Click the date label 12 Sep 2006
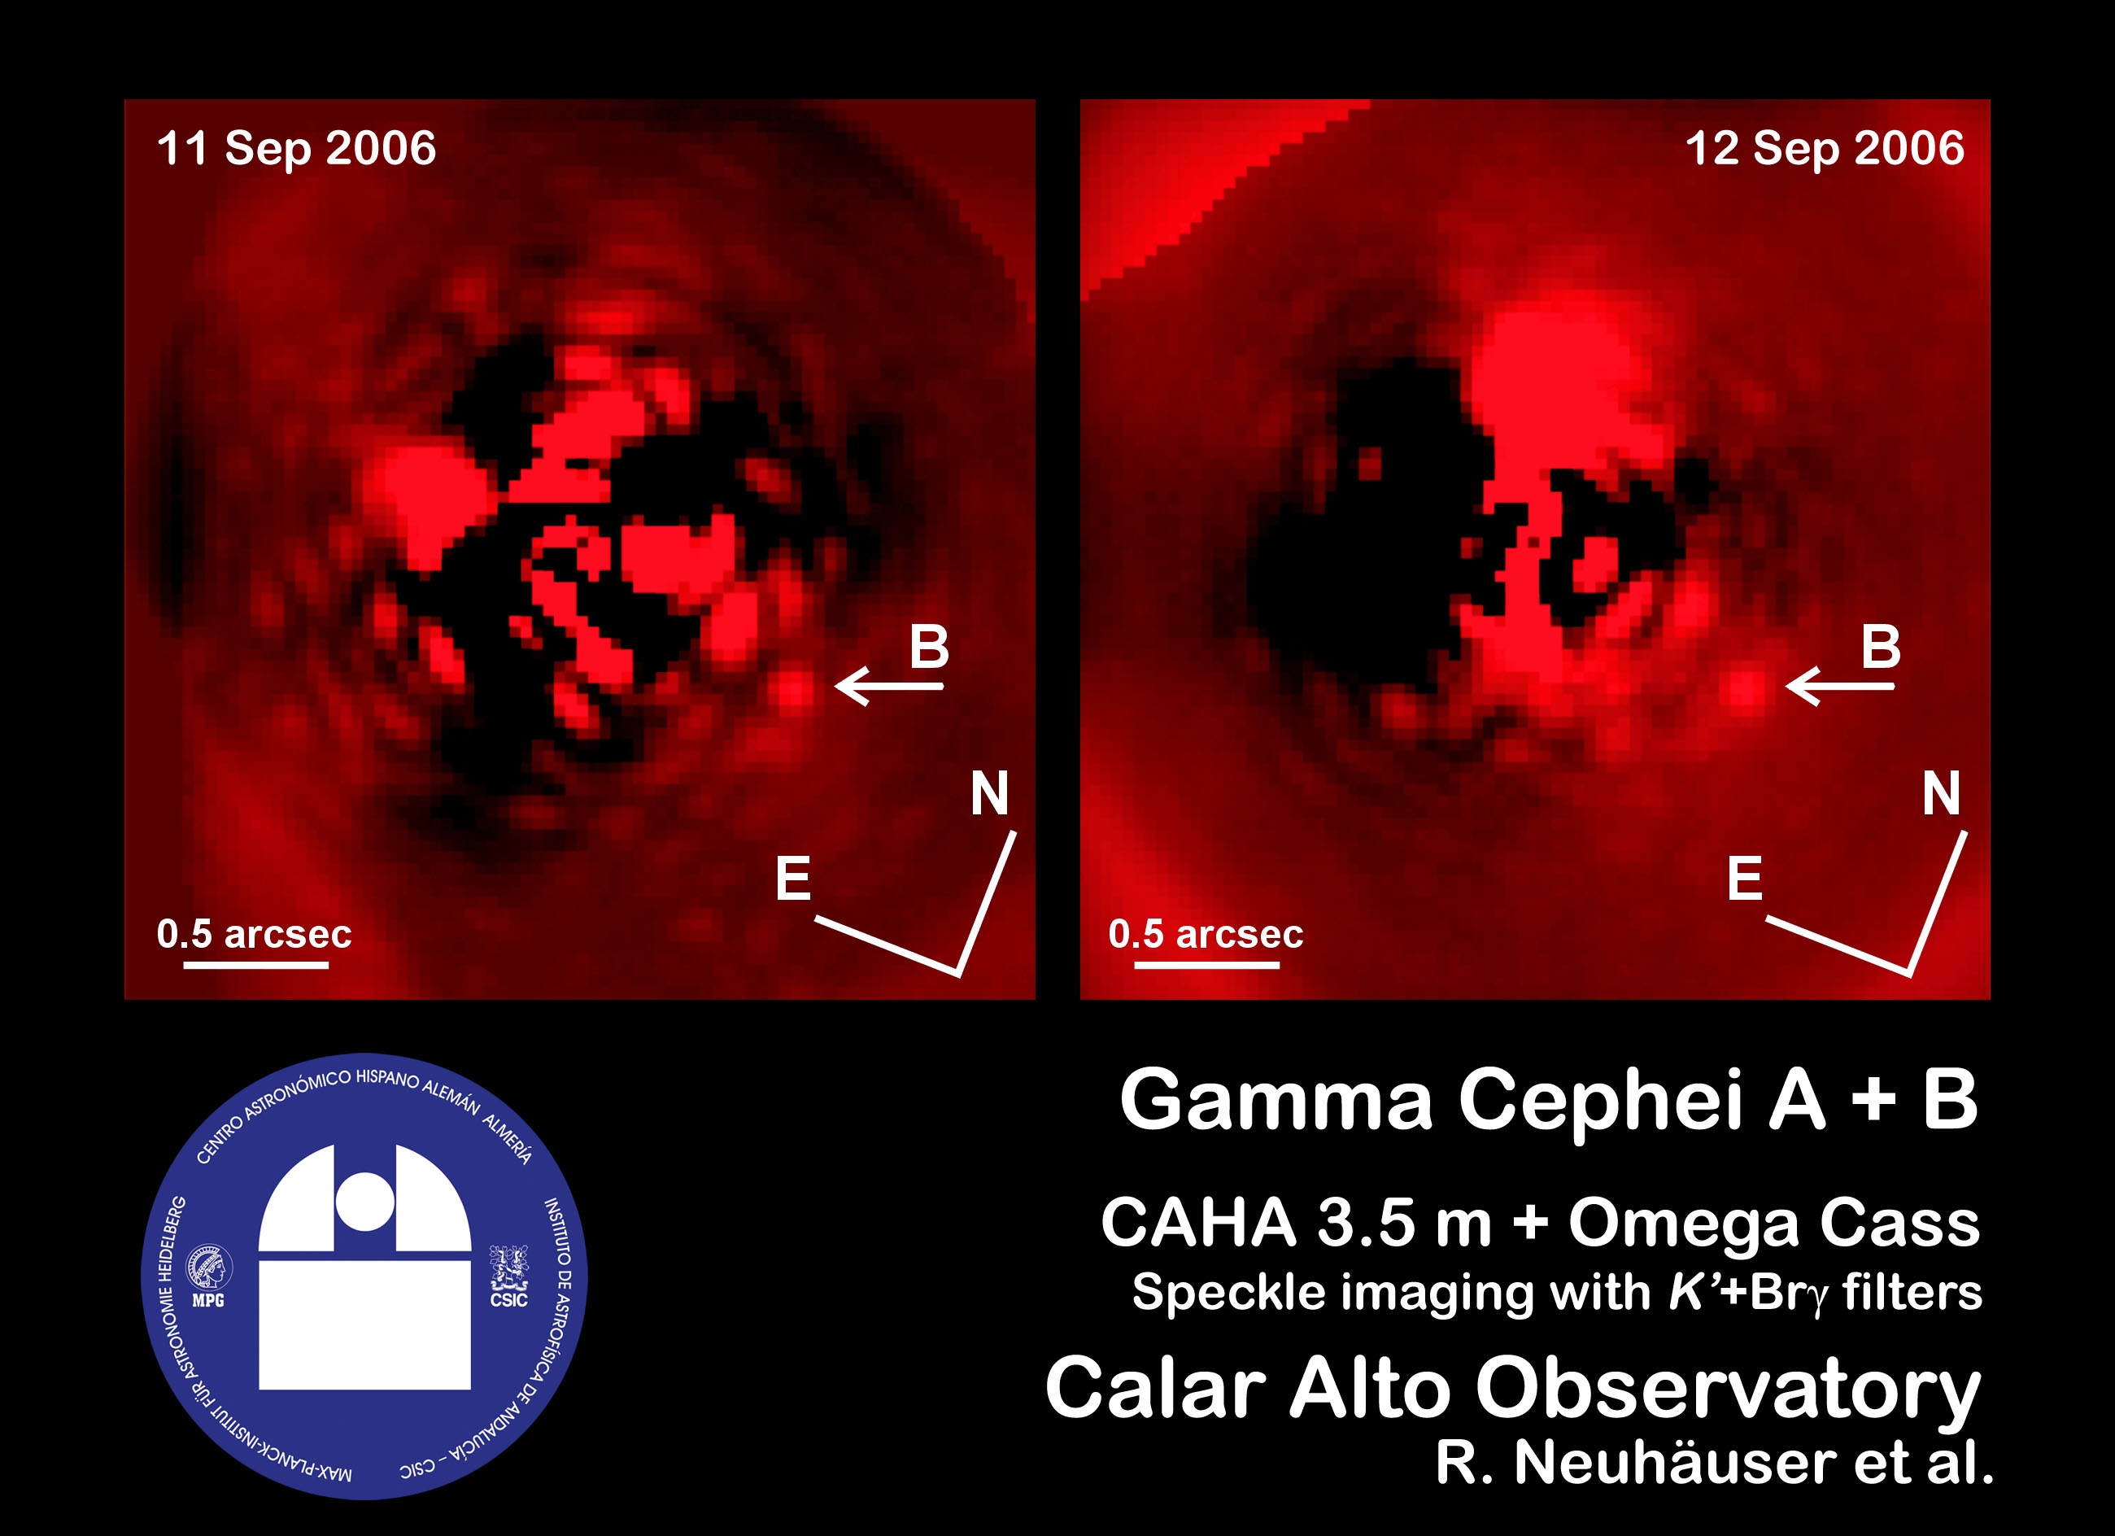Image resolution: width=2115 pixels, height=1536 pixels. (1825, 149)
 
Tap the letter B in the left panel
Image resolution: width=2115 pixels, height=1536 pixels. (929, 646)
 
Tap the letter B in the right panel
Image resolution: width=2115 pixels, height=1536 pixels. (1881, 646)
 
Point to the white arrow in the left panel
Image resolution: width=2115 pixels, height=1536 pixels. (889, 687)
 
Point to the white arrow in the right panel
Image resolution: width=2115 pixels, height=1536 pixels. (1840, 687)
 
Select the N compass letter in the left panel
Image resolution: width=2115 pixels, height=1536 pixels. (989, 792)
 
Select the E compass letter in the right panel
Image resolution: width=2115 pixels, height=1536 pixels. (1745, 878)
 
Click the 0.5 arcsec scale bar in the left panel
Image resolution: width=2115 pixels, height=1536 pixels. (255, 964)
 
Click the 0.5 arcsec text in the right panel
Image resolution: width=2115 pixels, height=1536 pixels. (1206, 933)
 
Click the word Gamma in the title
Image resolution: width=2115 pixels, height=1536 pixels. (1276, 1100)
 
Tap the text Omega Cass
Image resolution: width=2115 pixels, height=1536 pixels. (1773, 1223)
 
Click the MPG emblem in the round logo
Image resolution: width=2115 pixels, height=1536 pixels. (209, 1275)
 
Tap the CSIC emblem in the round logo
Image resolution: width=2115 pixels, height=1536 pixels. (509, 1276)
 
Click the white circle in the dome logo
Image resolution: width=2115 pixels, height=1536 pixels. (364, 1201)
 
